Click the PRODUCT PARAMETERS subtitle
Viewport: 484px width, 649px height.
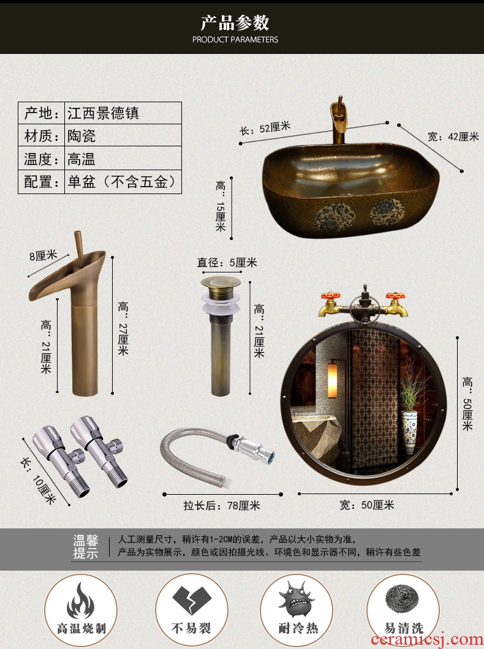pos(235,39)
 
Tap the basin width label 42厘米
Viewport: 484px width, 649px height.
pos(453,137)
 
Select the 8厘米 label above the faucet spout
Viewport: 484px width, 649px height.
pos(43,256)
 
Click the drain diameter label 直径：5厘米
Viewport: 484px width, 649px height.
pos(227,263)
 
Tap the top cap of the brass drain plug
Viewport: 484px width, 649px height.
pos(221,283)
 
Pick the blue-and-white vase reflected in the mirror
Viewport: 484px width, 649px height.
pos(409,431)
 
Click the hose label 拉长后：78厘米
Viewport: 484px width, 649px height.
pos(222,505)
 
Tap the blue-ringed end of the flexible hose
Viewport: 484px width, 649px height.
pos(270,457)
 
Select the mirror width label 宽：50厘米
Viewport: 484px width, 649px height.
pos(367,505)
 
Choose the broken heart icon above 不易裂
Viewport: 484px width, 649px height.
pos(189,600)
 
